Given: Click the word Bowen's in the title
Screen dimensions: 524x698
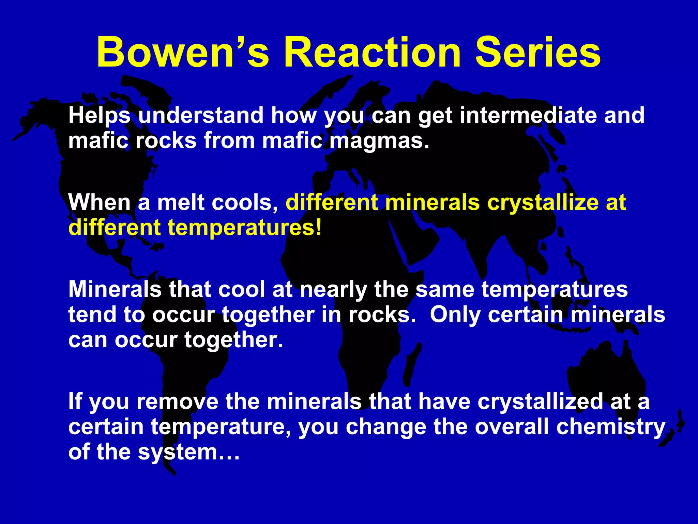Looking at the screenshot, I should [x=183, y=53].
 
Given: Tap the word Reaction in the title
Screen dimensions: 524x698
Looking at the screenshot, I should [x=372, y=53].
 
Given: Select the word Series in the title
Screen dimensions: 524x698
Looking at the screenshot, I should [x=537, y=53].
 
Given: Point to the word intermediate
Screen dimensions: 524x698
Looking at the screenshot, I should [x=528, y=115].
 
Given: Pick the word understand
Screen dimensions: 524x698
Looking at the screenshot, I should [x=201, y=115].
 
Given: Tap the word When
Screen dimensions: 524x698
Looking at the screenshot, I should [x=99, y=202].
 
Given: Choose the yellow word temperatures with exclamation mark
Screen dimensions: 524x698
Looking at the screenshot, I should [x=244, y=228].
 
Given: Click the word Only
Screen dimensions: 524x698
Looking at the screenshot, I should [x=455, y=315].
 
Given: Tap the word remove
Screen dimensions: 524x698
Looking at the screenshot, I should [x=177, y=402].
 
